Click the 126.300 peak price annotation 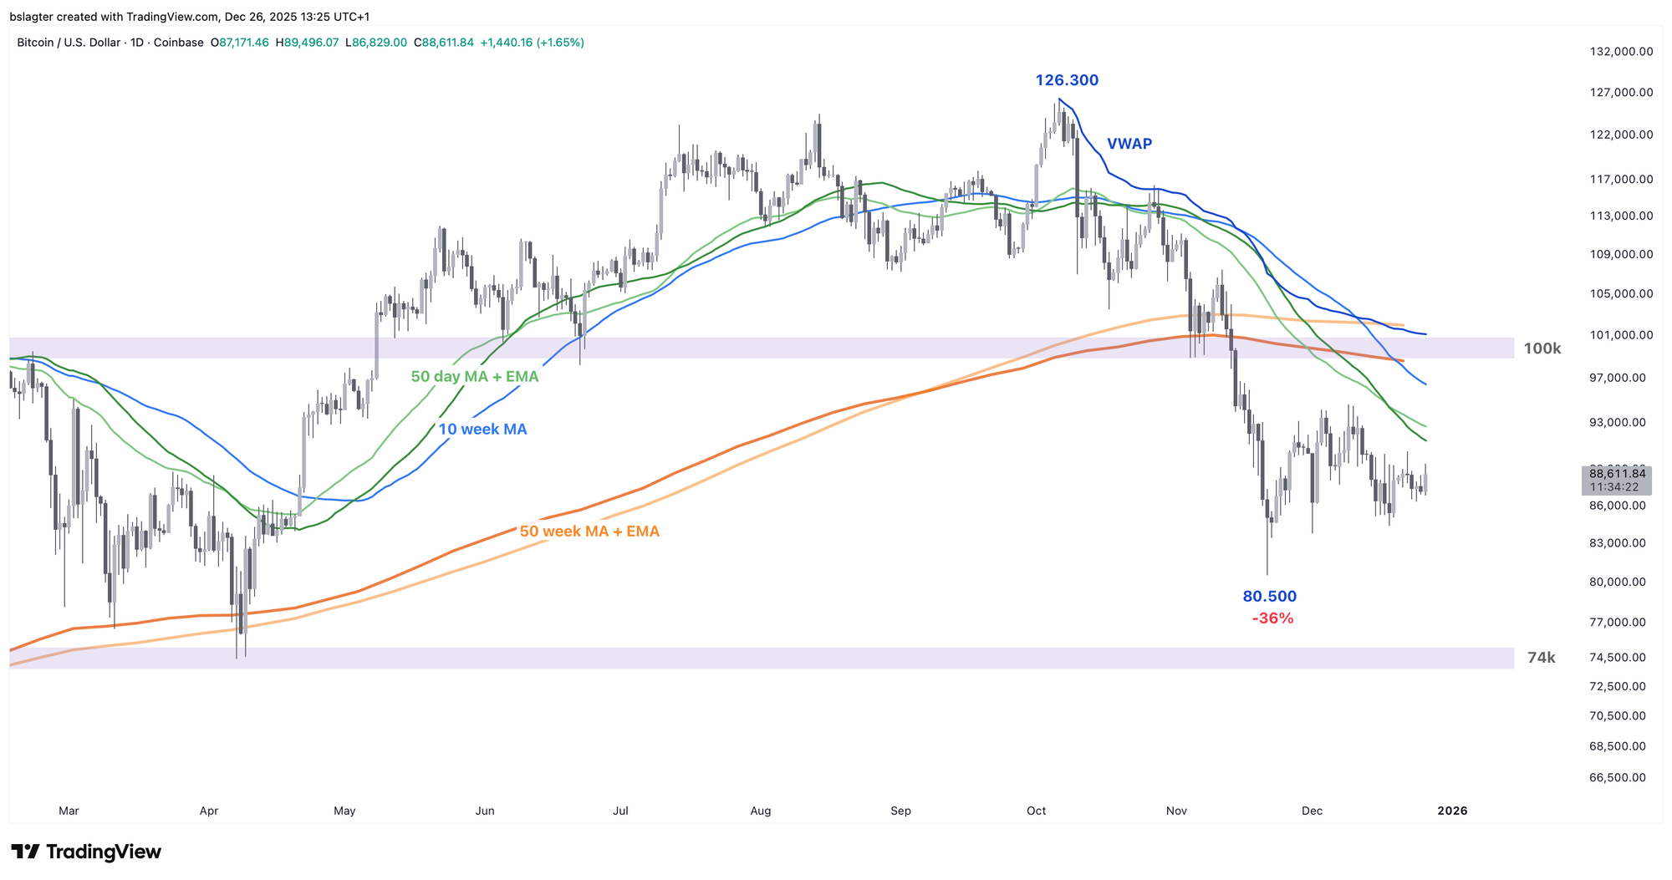(x=1067, y=80)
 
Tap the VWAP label (x=1129, y=144)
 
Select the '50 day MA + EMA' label (x=475, y=377)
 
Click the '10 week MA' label (x=482, y=430)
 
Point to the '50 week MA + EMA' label (x=589, y=532)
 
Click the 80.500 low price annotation (x=1269, y=597)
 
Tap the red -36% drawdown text (x=1272, y=618)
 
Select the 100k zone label (x=1542, y=348)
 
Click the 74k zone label (x=1541, y=658)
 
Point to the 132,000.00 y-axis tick (x=1620, y=51)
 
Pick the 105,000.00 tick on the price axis (x=1620, y=293)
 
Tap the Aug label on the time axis (x=760, y=811)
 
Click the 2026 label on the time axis (x=1452, y=811)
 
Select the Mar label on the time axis (x=69, y=811)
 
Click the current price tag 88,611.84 (x=1617, y=474)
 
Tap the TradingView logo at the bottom (x=86, y=852)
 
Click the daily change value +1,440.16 (x=507, y=43)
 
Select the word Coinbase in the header (x=178, y=43)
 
